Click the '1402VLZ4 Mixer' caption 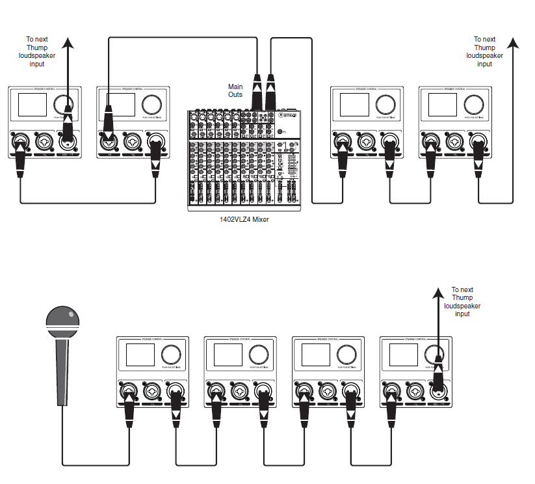click(244, 219)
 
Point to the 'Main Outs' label click(235, 90)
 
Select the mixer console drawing click(244, 159)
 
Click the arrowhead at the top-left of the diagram click(68, 43)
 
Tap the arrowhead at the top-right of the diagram click(514, 43)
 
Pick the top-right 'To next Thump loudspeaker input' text click(484, 51)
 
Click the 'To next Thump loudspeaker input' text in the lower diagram click(462, 302)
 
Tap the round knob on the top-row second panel click(151, 103)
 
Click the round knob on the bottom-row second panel click(259, 354)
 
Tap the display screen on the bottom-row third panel click(316, 355)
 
